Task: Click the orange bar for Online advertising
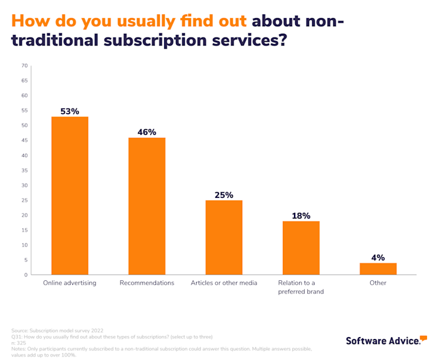(x=69, y=195)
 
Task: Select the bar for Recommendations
(x=147, y=206)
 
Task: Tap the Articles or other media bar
(x=224, y=237)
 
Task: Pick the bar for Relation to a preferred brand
(x=301, y=248)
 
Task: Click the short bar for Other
(x=378, y=268)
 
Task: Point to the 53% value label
(x=69, y=111)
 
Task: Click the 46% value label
(x=147, y=132)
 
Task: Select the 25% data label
(x=224, y=195)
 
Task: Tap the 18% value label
(x=301, y=215)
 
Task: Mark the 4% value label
(x=378, y=257)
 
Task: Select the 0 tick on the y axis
(x=26, y=275)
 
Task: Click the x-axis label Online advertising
(x=69, y=283)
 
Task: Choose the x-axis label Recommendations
(x=147, y=283)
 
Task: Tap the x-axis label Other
(x=378, y=283)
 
